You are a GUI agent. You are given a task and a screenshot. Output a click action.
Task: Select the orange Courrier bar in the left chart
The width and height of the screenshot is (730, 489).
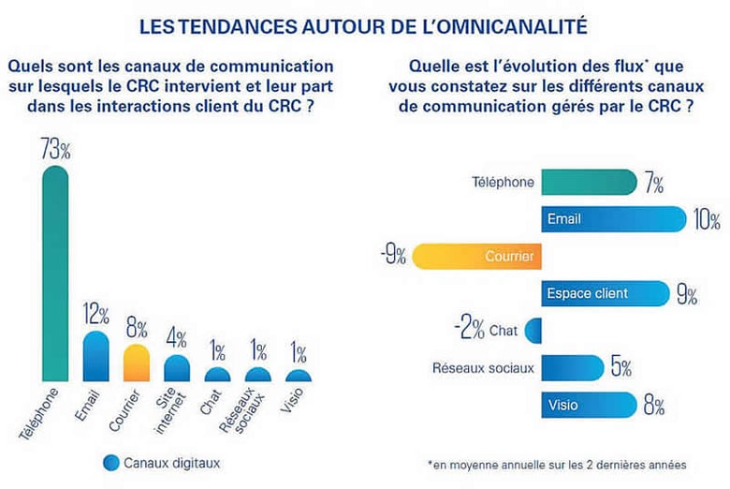(137, 363)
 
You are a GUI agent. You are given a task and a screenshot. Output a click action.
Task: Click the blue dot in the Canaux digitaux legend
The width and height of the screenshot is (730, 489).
(111, 462)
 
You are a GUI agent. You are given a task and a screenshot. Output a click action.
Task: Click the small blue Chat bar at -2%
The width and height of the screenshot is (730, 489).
(534, 330)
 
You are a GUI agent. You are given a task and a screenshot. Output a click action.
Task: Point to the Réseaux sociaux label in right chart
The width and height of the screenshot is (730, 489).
(483, 368)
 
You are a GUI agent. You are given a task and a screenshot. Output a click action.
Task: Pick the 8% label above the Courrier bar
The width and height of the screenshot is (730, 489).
(137, 330)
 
